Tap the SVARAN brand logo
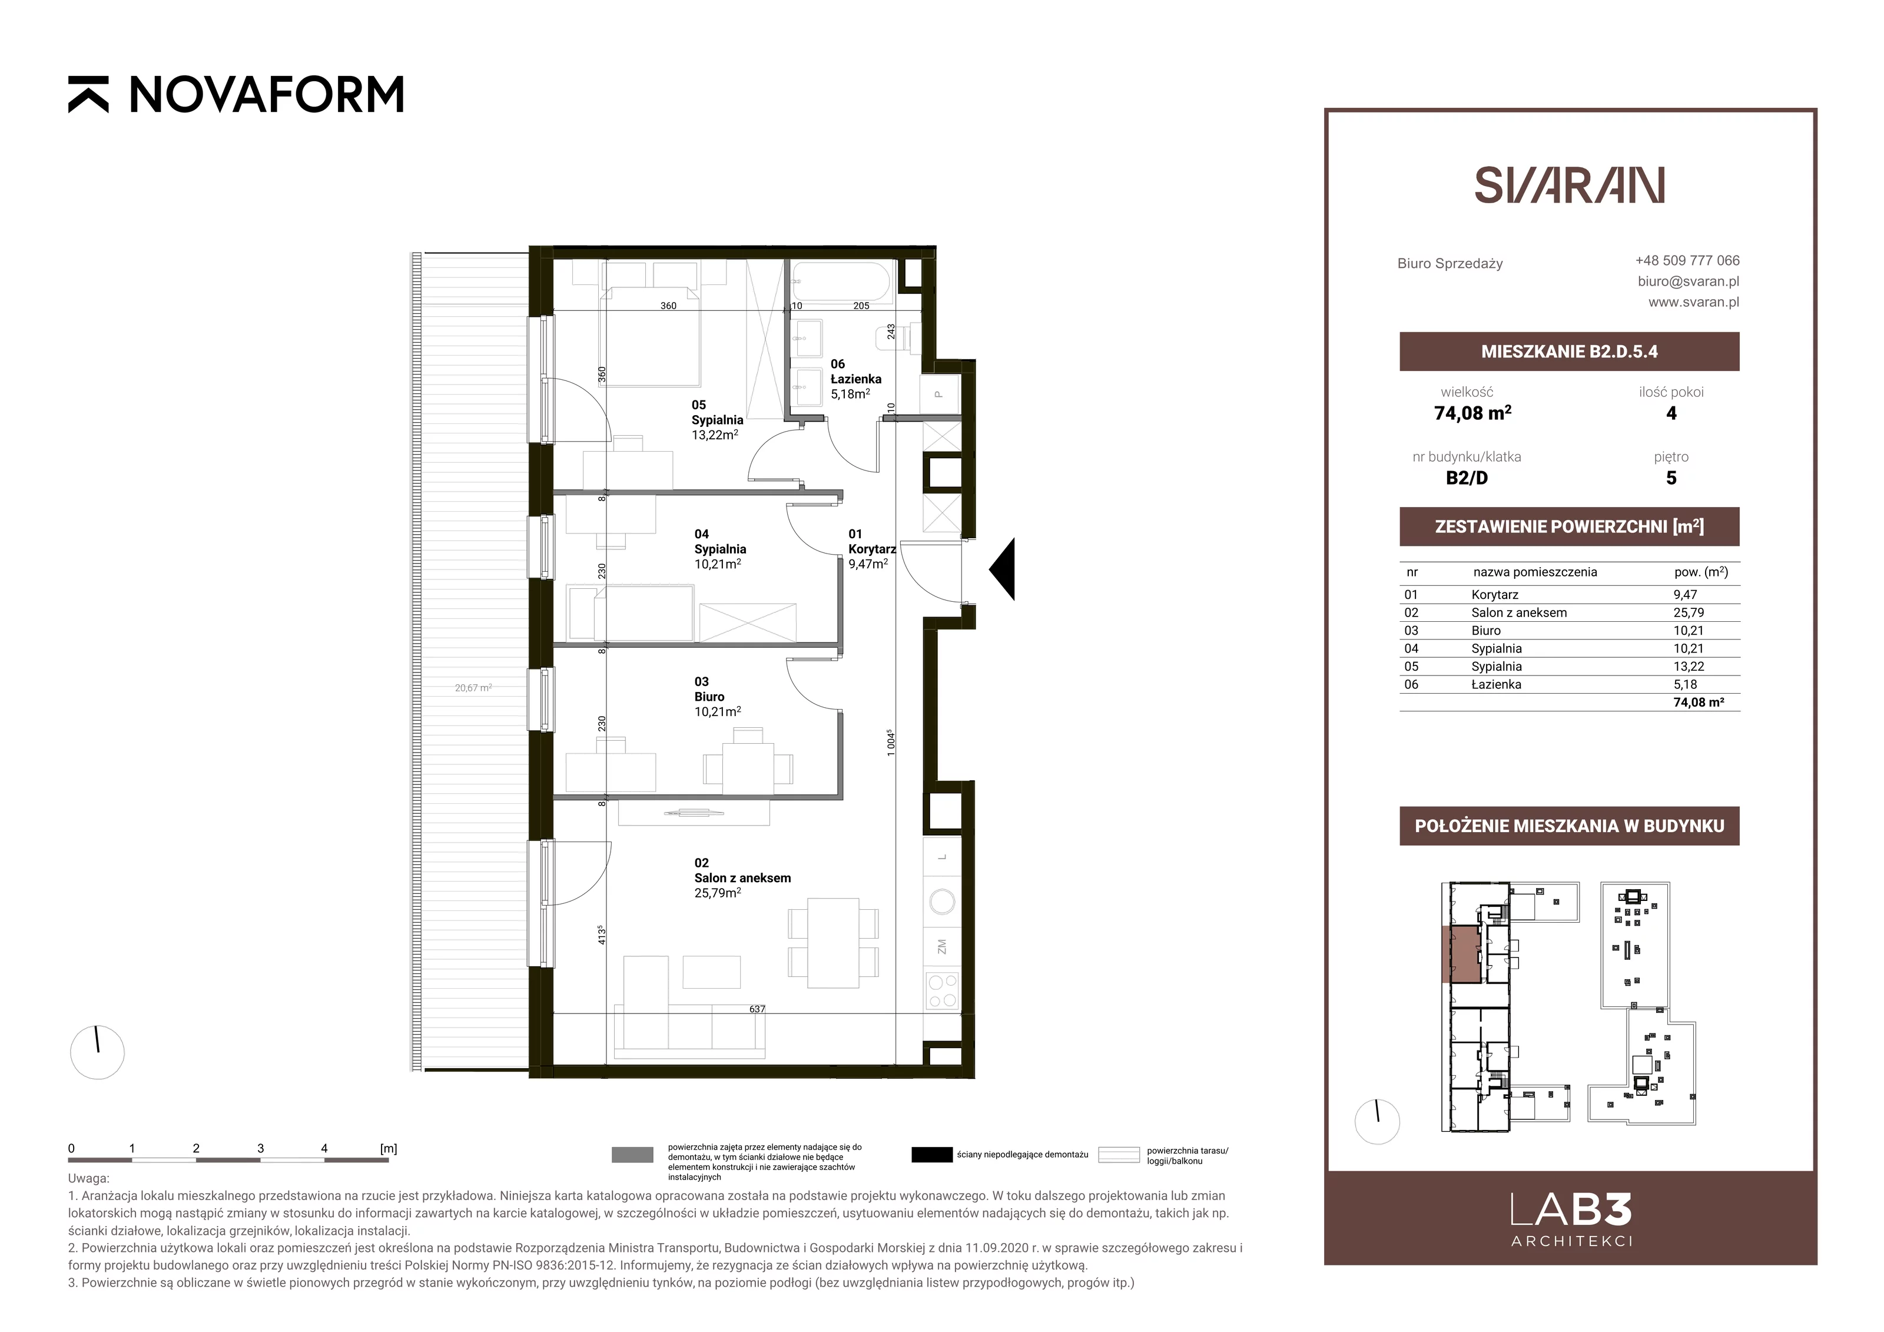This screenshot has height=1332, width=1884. coord(1569,185)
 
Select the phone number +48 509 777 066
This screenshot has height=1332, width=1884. coord(1687,260)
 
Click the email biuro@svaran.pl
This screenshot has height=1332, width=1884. coord(1689,281)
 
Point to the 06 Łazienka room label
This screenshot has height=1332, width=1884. coord(856,379)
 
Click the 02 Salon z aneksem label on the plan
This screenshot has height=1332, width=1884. coord(742,877)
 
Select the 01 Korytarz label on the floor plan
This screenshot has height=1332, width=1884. coord(871,548)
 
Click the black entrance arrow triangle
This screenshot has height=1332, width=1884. coord(1002,569)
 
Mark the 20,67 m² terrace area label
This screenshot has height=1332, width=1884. coord(473,688)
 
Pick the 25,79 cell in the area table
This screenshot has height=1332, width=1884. coord(1689,612)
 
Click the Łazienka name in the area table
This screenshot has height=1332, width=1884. coord(1496,684)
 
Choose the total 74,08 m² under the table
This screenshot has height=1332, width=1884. coord(1699,703)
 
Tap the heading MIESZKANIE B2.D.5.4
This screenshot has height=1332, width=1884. coord(1569,352)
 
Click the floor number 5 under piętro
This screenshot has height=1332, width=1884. coord(1671,478)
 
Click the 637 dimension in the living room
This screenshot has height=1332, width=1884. coord(757,1009)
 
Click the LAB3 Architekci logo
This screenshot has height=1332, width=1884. coord(1571,1219)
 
